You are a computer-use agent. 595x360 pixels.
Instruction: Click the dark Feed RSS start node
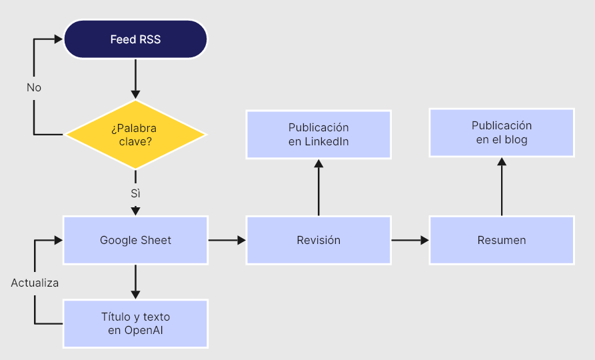click(x=135, y=39)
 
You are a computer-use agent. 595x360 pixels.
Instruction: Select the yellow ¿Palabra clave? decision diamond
click(x=135, y=134)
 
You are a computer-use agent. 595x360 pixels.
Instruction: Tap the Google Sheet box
click(x=135, y=240)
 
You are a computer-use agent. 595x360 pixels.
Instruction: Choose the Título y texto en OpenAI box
click(x=135, y=323)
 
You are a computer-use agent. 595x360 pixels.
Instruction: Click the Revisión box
click(x=318, y=240)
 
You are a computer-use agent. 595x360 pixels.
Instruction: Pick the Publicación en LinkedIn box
click(x=318, y=135)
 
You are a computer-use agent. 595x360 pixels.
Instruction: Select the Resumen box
click(x=502, y=240)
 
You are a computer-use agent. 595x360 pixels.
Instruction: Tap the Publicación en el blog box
click(x=502, y=133)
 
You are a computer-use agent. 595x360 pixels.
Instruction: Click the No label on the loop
click(x=34, y=87)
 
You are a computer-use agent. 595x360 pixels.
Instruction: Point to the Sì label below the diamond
click(x=135, y=193)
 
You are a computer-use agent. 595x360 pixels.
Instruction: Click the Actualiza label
click(x=35, y=283)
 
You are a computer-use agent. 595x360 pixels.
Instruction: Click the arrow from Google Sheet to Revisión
click(x=227, y=240)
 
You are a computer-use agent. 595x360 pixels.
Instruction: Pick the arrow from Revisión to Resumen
click(x=410, y=240)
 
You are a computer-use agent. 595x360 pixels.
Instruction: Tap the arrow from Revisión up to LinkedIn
click(x=318, y=187)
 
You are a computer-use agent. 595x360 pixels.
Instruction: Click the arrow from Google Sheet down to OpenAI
click(x=135, y=281)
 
